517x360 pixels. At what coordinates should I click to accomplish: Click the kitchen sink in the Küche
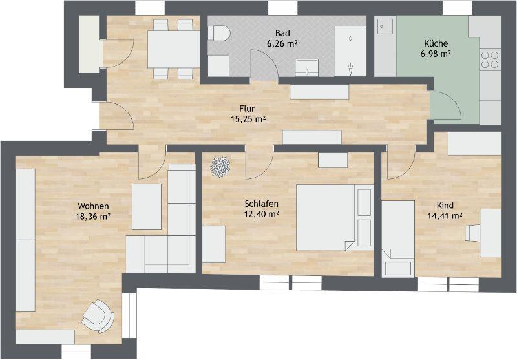pos(386,26)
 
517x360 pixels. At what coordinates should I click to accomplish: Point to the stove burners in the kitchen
pos(490,60)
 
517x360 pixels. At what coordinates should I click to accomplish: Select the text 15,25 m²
pos(248,119)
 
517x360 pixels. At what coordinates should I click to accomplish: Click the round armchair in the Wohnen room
pos(97,314)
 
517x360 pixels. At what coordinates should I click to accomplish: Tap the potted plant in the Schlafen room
pos(220,167)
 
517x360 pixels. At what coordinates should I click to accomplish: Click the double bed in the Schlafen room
pos(333,217)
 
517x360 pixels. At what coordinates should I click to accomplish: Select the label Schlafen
pos(261,203)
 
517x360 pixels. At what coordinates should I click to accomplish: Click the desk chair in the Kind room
pos(474,231)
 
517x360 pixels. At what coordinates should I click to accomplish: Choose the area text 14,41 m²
pos(445,216)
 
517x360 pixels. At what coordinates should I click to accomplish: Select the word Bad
pos(282,32)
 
